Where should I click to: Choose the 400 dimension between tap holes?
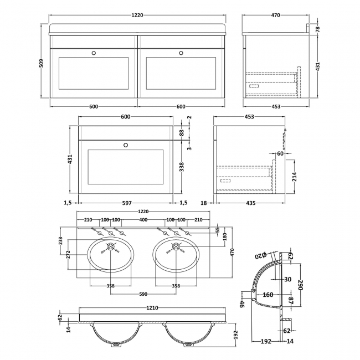pyautogui.click(x=143, y=220)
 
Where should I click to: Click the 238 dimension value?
pyautogui.click(x=61, y=241)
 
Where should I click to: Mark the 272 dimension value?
pyautogui.click(x=68, y=255)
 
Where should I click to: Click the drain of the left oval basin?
pyautogui.click(x=110, y=246)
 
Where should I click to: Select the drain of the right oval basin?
pyautogui.click(x=176, y=246)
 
